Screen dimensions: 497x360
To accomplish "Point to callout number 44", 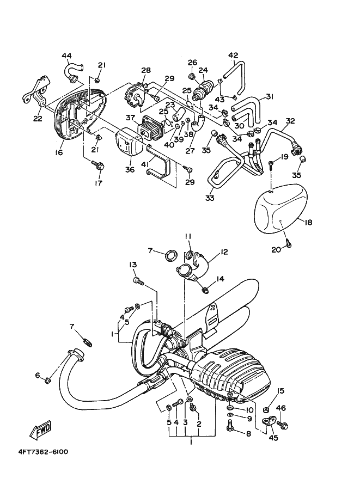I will click(x=66, y=56).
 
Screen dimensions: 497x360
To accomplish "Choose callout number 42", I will click(x=233, y=55).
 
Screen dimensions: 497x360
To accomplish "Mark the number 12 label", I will click(x=223, y=252).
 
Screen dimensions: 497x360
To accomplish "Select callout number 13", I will click(x=132, y=265).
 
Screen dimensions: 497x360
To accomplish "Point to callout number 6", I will click(x=38, y=376).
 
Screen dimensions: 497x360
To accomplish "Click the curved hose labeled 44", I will click(x=71, y=70).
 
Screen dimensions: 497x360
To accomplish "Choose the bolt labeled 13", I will click(x=138, y=281).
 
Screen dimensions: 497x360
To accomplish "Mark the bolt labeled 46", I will click(x=283, y=424).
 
